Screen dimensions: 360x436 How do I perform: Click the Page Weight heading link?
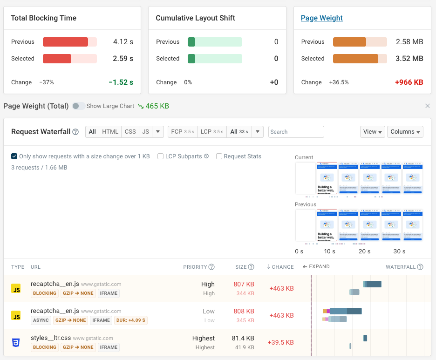[321, 18]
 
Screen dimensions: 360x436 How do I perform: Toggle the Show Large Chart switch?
[79, 106]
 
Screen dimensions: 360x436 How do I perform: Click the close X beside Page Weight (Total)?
[427, 106]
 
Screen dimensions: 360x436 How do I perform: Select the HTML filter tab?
[110, 132]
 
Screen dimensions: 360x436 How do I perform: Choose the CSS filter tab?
[130, 132]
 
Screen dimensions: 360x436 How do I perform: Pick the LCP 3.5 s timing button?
[212, 132]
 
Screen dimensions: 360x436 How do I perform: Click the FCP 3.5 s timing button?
[183, 132]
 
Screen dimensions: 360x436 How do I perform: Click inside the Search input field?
[296, 132]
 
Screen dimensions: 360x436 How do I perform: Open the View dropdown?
[372, 132]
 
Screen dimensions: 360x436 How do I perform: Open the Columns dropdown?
[405, 132]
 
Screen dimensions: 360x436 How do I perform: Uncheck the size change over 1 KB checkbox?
[14, 156]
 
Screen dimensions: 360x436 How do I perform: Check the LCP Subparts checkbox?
[161, 156]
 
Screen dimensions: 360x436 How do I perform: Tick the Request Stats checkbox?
[219, 156]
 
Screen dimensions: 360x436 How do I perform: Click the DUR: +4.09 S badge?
[131, 320]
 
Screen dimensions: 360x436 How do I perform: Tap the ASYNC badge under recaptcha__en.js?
[41, 320]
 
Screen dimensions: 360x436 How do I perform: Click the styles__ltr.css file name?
[51, 338]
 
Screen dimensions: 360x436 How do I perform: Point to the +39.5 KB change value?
[280, 342]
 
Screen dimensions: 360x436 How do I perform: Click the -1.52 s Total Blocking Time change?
[121, 82]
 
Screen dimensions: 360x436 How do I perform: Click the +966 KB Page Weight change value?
[409, 82]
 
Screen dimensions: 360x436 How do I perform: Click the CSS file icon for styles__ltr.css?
[16, 343]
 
